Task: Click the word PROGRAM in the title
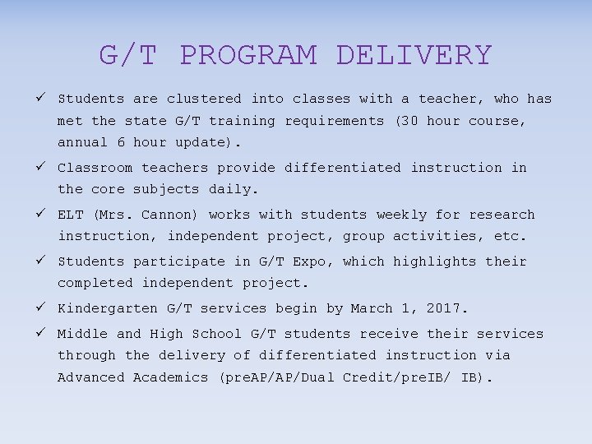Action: click(x=247, y=55)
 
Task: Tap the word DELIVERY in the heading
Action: click(x=414, y=55)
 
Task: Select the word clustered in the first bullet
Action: click(x=204, y=99)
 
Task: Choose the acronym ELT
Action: click(x=70, y=215)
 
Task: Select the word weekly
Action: click(x=401, y=215)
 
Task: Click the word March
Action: click(x=372, y=309)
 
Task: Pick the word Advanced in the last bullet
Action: click(x=90, y=377)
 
